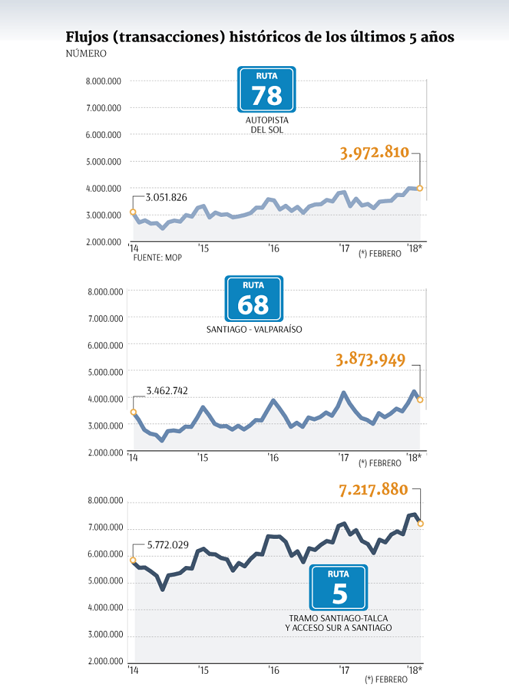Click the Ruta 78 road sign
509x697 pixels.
coord(266,89)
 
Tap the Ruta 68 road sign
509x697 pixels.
coord(253,299)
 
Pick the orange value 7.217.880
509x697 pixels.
coord(373,490)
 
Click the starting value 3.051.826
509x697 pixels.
coord(166,198)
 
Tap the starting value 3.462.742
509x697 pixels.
coord(167,391)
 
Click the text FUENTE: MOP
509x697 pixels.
coord(157,257)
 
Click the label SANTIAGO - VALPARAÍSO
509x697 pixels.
coord(254,329)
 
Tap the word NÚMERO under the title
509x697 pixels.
coord(86,53)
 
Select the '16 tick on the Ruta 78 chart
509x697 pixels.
coord(274,248)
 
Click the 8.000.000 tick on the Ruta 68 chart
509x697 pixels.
coord(105,292)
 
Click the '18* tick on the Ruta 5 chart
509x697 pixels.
coord(414,670)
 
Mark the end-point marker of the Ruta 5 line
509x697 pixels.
coord(420,523)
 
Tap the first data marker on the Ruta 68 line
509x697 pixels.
coord(134,412)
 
